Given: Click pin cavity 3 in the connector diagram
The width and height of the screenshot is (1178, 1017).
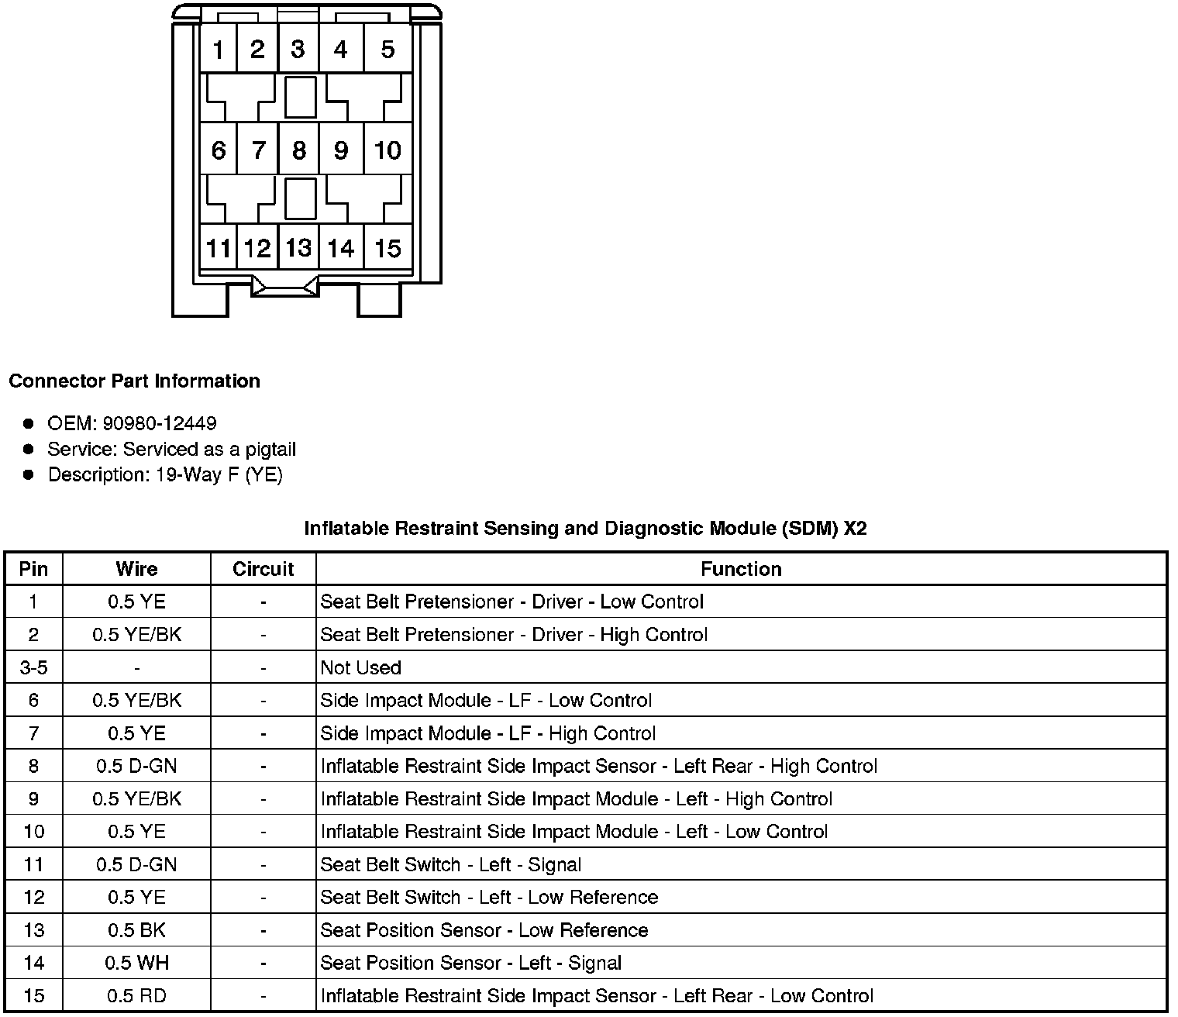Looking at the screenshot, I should [298, 50].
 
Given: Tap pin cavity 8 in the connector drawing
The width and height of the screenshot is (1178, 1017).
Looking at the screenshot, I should [298, 150].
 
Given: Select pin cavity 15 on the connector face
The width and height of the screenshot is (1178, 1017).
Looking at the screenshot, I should [387, 248].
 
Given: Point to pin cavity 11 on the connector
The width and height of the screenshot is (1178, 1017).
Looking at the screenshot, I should [219, 248].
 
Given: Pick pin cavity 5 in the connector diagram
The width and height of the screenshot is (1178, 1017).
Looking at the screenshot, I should [387, 50].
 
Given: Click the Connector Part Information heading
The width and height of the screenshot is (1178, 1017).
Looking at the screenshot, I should [134, 381].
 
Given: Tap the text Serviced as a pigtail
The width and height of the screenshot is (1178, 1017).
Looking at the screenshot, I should [209, 449].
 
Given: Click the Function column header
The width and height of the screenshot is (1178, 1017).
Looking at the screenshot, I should [741, 569].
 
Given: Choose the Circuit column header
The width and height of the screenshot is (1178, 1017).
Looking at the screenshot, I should [263, 569].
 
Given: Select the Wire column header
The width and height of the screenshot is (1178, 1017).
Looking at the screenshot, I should [136, 569].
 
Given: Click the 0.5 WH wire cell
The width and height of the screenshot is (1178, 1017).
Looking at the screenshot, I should [136, 963].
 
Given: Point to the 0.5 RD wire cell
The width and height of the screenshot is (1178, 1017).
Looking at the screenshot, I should [136, 995].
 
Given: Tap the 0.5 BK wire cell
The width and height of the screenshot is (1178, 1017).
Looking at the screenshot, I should [136, 930].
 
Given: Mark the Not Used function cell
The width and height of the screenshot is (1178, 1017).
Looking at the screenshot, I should [361, 667].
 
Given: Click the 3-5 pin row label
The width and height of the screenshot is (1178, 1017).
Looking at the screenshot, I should [33, 667].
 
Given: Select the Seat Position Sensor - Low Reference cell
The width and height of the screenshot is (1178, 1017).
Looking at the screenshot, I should [484, 930].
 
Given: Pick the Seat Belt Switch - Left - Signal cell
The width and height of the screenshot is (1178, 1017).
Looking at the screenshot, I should [451, 864].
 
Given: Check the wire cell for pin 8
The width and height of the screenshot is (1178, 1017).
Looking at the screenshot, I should [136, 766].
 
